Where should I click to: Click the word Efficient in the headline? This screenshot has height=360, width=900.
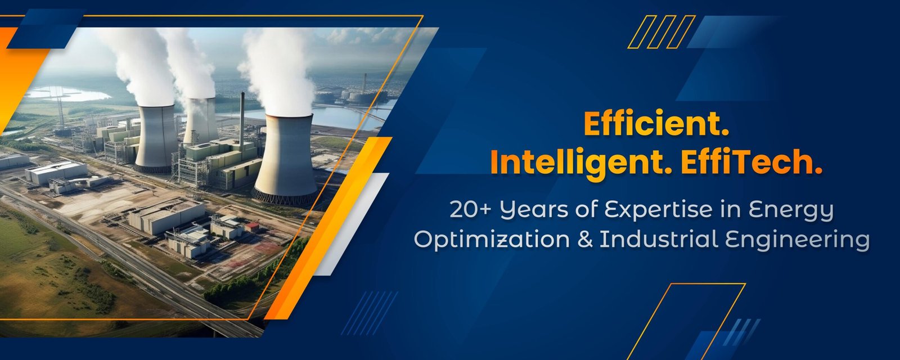[656, 124]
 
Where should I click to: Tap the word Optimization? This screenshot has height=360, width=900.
[492, 240]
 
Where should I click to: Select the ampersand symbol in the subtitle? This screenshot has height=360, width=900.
[584, 240]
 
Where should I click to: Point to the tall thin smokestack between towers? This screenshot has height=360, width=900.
[242, 119]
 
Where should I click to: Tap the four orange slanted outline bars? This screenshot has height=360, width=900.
[661, 32]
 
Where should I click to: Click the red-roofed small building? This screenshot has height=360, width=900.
[252, 227]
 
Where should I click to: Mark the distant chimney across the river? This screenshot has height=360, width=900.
[364, 84]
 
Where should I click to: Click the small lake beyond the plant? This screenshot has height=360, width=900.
[68, 94]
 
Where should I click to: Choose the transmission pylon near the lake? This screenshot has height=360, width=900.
[60, 107]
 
